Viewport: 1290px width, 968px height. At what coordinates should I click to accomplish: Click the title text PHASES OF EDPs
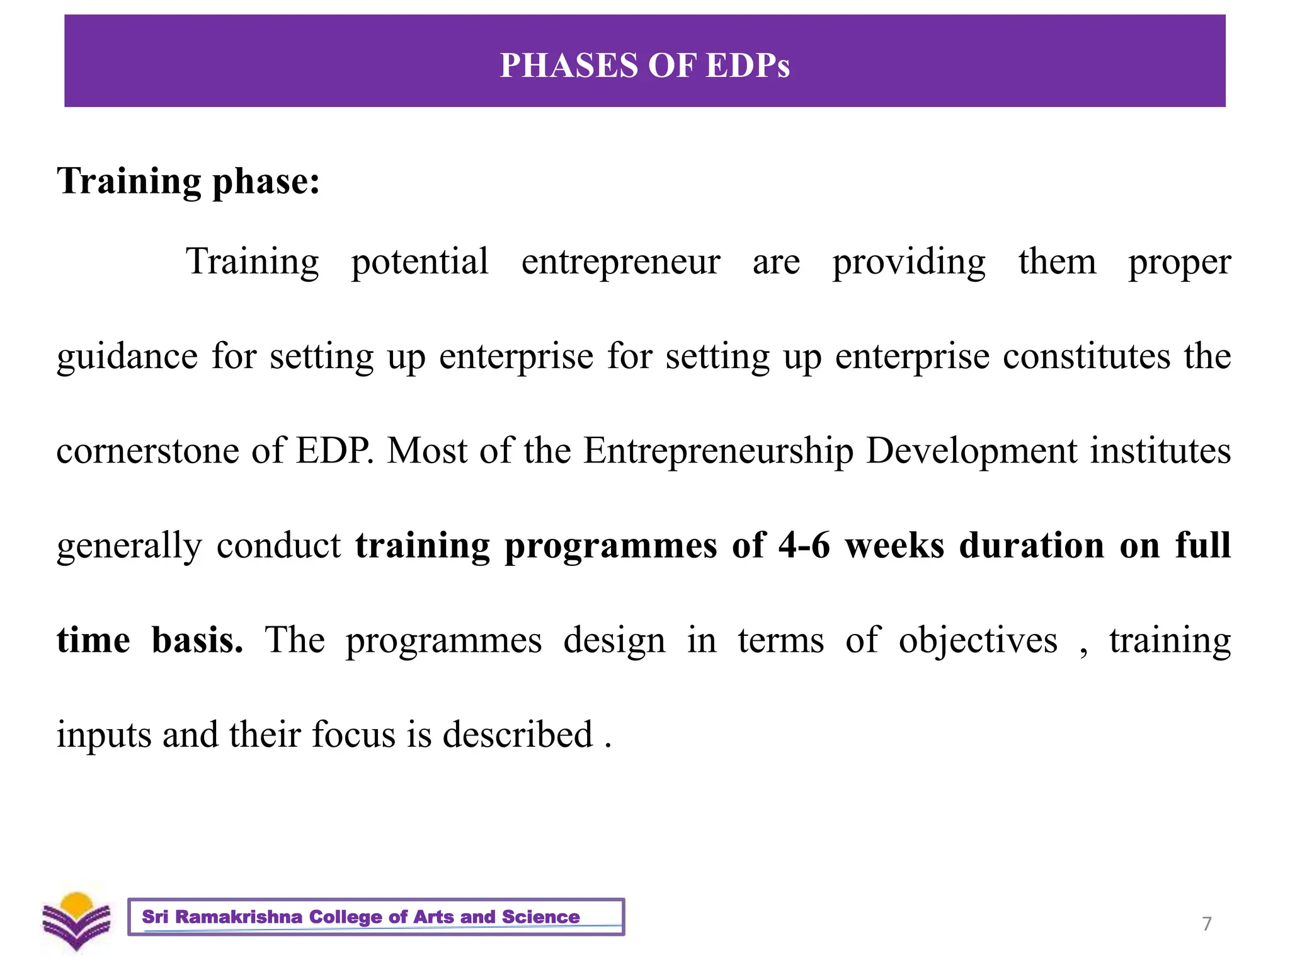click(x=644, y=65)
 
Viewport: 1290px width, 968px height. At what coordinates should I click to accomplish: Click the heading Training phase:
click(x=188, y=181)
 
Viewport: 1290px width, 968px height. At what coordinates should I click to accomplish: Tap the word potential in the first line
click(x=420, y=262)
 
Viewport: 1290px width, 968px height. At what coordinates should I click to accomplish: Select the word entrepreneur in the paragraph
click(x=620, y=262)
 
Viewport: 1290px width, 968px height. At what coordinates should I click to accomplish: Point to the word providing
click(x=909, y=263)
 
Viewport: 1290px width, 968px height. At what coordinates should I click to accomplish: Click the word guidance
click(x=127, y=357)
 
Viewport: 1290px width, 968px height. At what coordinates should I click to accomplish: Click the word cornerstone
click(x=147, y=451)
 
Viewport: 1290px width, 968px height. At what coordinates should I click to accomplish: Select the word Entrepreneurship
click(x=718, y=452)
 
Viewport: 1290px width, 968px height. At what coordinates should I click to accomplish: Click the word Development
click(x=972, y=452)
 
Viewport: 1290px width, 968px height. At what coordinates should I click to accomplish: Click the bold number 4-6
click(x=804, y=545)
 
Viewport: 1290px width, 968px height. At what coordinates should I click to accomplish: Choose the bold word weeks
click(x=894, y=545)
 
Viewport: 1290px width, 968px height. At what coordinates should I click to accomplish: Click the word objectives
click(x=978, y=641)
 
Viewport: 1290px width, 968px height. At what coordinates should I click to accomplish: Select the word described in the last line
click(x=518, y=735)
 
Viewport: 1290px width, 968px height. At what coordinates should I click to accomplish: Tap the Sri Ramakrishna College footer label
click(x=376, y=917)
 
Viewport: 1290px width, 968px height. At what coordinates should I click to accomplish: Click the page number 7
click(x=1206, y=924)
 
